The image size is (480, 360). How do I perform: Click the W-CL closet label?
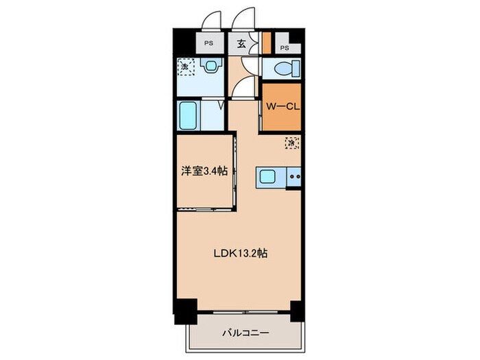point(281,107)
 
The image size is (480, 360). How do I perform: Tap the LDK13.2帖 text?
point(239,253)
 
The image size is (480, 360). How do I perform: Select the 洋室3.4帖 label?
point(204,171)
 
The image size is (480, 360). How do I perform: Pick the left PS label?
point(208,43)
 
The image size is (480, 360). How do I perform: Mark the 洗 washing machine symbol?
point(184,67)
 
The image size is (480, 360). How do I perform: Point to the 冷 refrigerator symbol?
point(291,143)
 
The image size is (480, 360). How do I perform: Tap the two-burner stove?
point(295,177)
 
